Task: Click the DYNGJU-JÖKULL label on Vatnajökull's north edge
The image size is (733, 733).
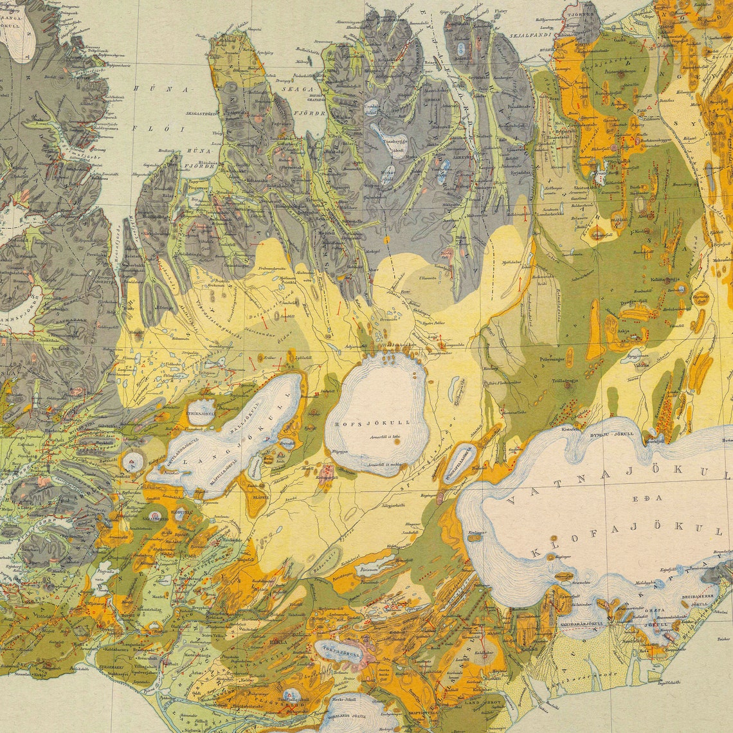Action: (607, 433)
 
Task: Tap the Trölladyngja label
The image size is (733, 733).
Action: (566, 381)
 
